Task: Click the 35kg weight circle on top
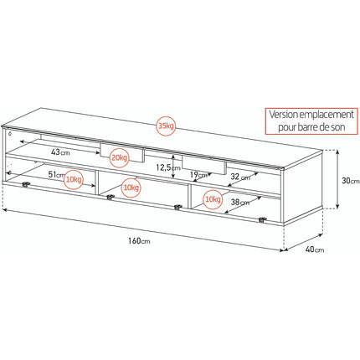click(x=166, y=126)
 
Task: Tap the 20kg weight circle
click(x=119, y=157)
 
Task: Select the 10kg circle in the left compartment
click(x=74, y=179)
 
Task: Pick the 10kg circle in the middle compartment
click(x=131, y=188)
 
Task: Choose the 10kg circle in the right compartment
click(x=213, y=199)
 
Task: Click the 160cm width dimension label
click(x=139, y=240)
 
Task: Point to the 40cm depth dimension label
click(x=315, y=249)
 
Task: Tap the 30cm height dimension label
click(x=351, y=181)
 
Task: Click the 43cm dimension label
click(x=60, y=152)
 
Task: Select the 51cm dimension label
click(x=57, y=175)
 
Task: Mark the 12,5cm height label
click(x=168, y=167)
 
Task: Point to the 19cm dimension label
click(x=198, y=175)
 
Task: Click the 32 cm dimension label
click(x=240, y=177)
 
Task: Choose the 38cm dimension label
click(x=240, y=202)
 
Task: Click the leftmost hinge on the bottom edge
click(x=26, y=184)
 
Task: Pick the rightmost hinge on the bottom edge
click(x=262, y=219)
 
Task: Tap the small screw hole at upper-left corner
click(x=10, y=133)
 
